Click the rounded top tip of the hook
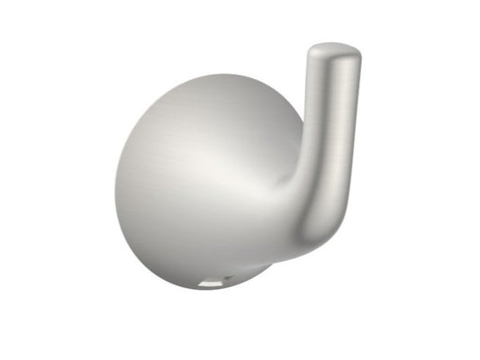tap(334, 47)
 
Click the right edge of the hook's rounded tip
tap(360, 56)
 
